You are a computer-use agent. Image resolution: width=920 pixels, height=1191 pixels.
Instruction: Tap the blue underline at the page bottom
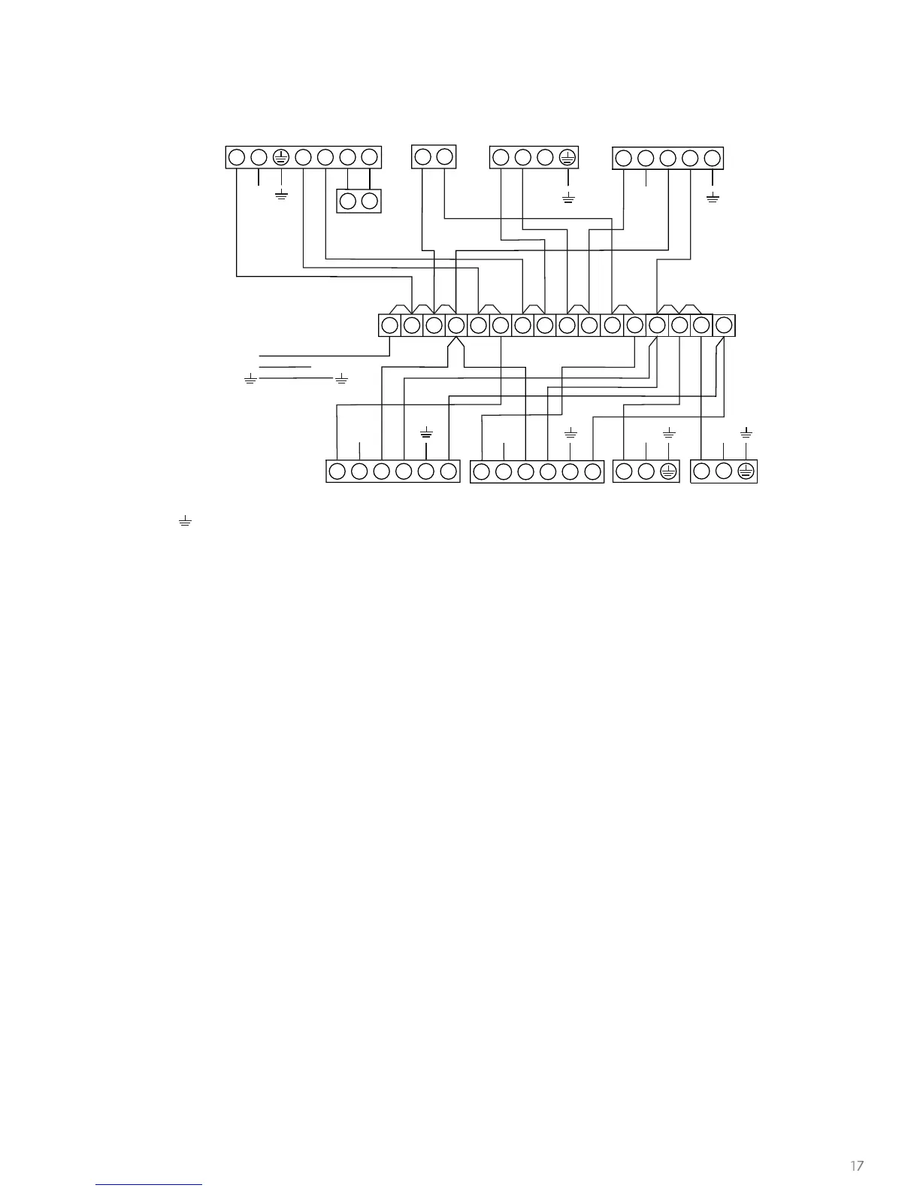pyautogui.click(x=149, y=1184)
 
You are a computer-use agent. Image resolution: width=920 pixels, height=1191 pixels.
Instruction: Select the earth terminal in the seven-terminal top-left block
pyautogui.click(x=280, y=157)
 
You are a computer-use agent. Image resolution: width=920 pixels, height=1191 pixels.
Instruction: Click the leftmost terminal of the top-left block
pyautogui.click(x=236, y=157)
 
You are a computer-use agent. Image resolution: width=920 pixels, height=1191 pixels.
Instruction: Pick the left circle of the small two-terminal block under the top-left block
pyautogui.click(x=347, y=201)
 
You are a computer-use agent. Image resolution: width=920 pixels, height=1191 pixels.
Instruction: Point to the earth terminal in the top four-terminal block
pyautogui.click(x=567, y=157)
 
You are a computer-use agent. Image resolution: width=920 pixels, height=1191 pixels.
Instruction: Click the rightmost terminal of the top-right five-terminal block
pyautogui.click(x=713, y=159)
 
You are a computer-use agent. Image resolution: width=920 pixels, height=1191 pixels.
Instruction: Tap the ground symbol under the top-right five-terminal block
pyautogui.click(x=713, y=198)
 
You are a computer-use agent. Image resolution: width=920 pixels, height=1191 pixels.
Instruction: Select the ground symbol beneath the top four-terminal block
pyautogui.click(x=568, y=198)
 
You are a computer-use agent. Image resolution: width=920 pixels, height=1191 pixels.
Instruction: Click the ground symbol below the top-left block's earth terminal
pyautogui.click(x=281, y=195)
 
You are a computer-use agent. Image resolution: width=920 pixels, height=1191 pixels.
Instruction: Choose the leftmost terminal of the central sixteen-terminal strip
pyautogui.click(x=389, y=326)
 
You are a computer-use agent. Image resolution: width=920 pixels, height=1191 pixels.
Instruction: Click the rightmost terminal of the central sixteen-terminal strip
pyautogui.click(x=723, y=326)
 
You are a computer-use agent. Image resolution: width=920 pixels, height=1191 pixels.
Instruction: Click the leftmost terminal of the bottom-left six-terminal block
pyautogui.click(x=337, y=471)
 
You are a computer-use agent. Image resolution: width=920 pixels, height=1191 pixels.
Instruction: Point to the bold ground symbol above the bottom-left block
pyautogui.click(x=426, y=433)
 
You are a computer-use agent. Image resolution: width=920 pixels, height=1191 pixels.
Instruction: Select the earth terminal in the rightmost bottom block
pyautogui.click(x=746, y=471)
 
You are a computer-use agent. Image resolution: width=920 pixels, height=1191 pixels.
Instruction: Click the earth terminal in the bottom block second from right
pyautogui.click(x=668, y=471)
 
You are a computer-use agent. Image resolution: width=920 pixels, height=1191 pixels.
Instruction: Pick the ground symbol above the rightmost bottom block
pyautogui.click(x=746, y=433)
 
